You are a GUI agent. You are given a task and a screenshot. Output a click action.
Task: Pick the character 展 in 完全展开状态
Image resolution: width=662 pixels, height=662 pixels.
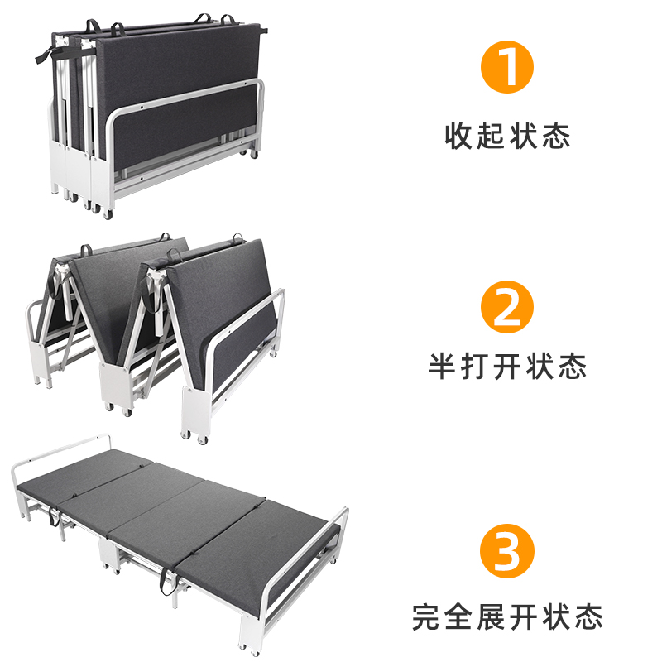click(492, 617)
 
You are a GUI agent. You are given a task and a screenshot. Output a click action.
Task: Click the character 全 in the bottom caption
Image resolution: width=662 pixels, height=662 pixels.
click(460, 617)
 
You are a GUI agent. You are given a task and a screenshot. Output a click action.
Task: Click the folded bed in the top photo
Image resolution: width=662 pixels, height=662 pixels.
click(153, 112)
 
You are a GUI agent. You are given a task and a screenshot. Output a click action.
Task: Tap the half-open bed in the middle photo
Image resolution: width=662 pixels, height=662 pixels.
click(157, 331)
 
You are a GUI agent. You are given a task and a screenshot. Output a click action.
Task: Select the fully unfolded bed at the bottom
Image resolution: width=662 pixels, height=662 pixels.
click(178, 530)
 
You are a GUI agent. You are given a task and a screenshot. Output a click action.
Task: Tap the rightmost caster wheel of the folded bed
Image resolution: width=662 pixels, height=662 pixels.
click(252, 155)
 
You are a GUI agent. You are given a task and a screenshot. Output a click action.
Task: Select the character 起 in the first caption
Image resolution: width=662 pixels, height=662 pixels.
click(492, 135)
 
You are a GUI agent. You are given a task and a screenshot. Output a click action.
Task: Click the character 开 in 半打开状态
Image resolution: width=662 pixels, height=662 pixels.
click(507, 365)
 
